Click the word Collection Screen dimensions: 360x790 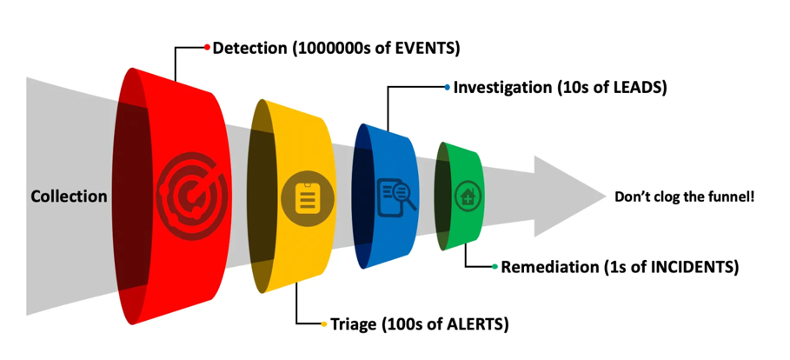[69, 197]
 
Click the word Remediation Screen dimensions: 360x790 [548, 267]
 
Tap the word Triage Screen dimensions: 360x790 [355, 324]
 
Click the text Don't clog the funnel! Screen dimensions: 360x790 [684, 197]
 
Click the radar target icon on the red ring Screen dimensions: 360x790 [189, 197]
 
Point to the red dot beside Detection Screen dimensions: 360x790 [207, 47]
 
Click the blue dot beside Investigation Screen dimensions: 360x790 [447, 88]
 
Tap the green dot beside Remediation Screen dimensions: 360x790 [495, 267]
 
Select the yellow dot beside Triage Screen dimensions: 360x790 [324, 324]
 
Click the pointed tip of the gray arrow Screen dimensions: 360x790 [603, 197]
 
